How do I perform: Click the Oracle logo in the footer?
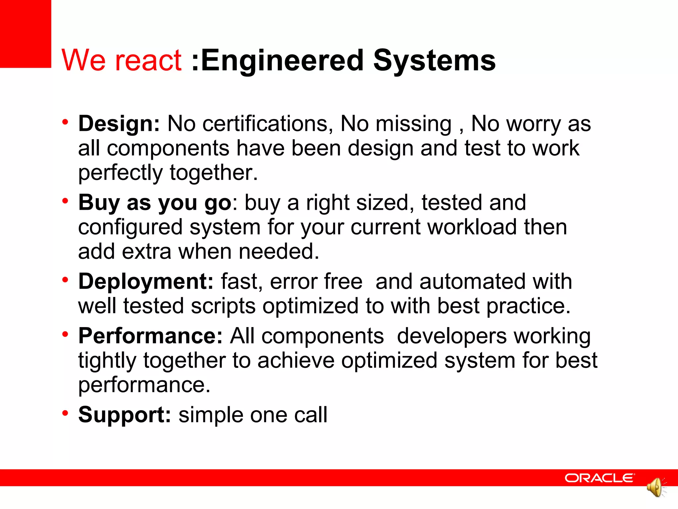click(x=600, y=478)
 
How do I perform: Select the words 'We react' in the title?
click(x=121, y=60)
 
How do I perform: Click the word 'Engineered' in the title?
click(x=282, y=60)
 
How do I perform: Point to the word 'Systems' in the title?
click(x=434, y=60)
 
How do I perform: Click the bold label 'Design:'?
click(x=119, y=124)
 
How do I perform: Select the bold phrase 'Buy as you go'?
click(x=155, y=202)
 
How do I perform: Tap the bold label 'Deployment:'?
click(x=146, y=282)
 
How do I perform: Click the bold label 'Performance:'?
click(x=150, y=336)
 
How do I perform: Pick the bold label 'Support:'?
click(x=124, y=415)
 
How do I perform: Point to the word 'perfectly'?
click(x=121, y=173)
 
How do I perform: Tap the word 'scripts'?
click(x=223, y=306)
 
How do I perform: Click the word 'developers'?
click(x=452, y=336)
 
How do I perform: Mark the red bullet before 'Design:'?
click(x=65, y=122)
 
